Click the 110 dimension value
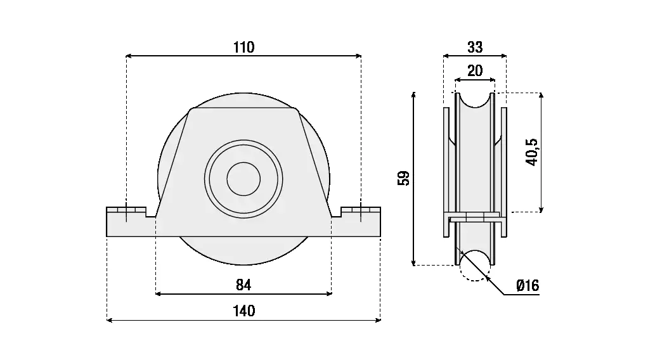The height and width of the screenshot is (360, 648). pos(243,48)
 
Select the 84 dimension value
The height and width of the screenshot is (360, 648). pos(243,285)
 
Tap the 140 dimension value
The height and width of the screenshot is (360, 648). pos(243,311)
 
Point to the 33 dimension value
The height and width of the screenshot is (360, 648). pos(475,47)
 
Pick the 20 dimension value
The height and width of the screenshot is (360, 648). pos(475,71)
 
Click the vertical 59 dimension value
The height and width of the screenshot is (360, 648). pos(403,178)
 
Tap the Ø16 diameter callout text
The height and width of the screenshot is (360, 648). pos(527,286)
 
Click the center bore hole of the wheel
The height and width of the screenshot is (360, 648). pos(243,179)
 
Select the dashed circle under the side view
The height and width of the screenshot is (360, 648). pos(474,266)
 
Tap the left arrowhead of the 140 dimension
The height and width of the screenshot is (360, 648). pos(109,320)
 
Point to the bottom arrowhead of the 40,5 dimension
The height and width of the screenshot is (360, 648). pos(541,209)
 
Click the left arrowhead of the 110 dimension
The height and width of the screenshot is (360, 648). pos(129,56)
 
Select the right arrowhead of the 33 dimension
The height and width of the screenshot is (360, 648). pos(504,56)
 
